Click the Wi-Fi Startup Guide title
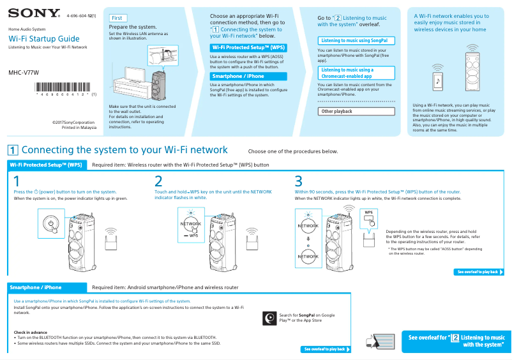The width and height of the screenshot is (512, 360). (44, 39)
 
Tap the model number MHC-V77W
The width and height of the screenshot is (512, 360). (24, 72)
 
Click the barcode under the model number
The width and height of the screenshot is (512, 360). (64, 87)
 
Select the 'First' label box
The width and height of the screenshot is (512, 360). (117, 19)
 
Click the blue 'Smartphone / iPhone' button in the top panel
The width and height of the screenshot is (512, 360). (248, 76)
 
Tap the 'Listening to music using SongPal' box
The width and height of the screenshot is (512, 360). (356, 41)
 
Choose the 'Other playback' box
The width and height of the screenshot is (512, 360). (356, 111)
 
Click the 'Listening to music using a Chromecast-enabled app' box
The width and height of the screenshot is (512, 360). (356, 73)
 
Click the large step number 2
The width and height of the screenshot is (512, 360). (158, 181)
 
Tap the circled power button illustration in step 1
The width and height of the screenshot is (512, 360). (51, 223)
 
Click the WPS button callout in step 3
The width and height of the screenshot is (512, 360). (369, 218)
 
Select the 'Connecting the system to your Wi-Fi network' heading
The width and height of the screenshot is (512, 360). (124, 150)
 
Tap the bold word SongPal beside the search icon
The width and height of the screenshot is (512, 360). (308, 315)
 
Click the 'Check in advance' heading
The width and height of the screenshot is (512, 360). (31, 332)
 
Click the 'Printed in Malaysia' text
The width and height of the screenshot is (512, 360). (79, 127)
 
